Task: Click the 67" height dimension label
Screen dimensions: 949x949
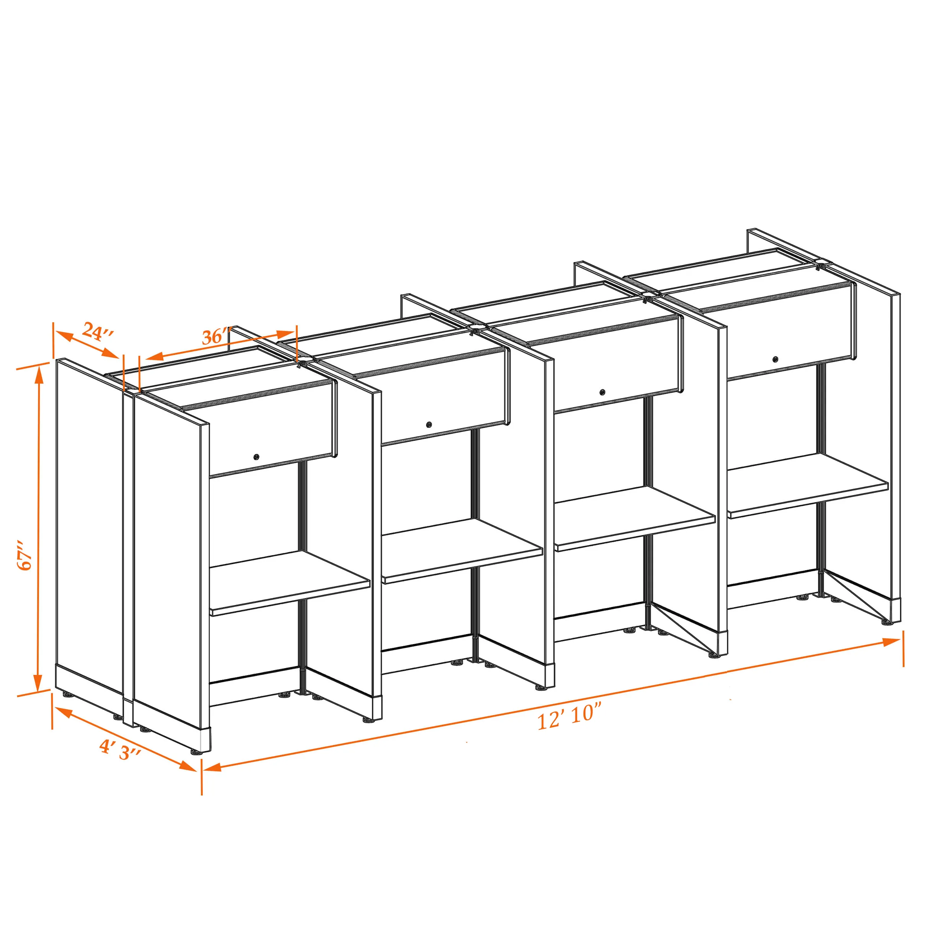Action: tap(24, 556)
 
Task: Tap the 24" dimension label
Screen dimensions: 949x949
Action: tap(98, 331)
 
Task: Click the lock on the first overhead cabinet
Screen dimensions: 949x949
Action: tap(256, 457)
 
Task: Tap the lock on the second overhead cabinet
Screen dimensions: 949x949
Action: tap(429, 424)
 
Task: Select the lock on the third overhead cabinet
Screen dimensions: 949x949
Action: tap(602, 392)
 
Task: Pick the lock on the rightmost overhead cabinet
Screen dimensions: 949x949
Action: tap(775, 359)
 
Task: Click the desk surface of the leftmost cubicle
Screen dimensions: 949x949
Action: tap(290, 582)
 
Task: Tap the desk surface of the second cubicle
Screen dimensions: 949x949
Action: tap(462, 551)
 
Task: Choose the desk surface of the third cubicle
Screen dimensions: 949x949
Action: tap(634, 518)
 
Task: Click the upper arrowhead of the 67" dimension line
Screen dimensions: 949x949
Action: tap(38, 375)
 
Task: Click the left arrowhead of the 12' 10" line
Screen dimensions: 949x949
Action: tap(212, 767)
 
